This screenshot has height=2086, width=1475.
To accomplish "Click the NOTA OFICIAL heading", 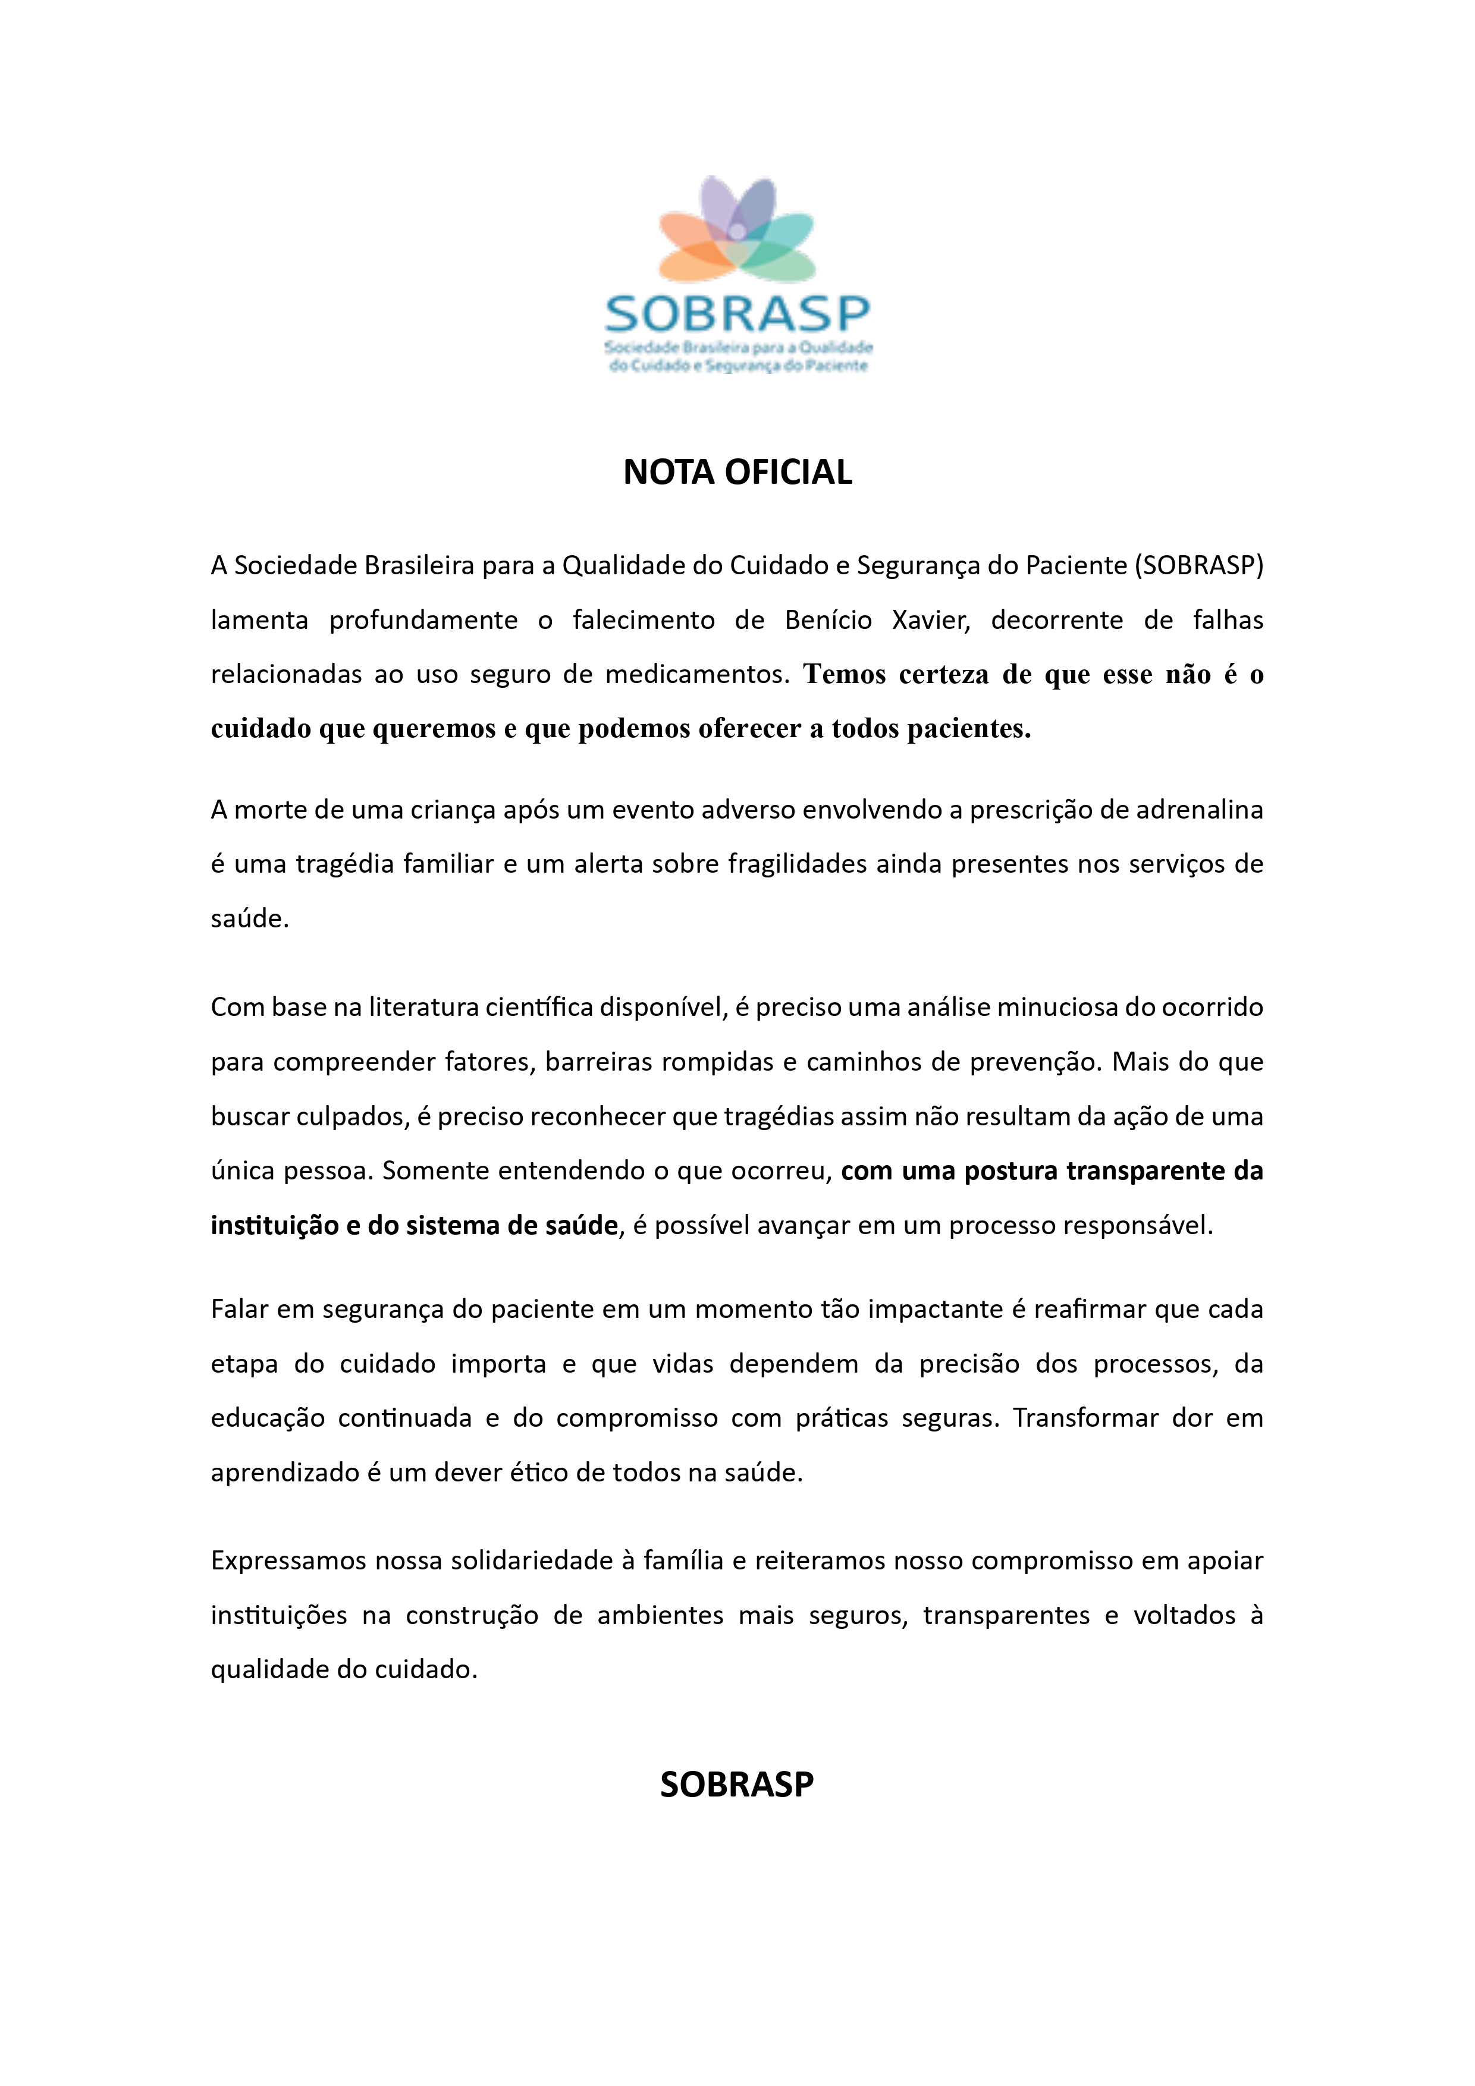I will click(737, 473).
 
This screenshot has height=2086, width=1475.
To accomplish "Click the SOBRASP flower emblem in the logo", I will click(737, 231).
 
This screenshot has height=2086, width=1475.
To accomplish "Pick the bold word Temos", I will click(845, 675).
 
